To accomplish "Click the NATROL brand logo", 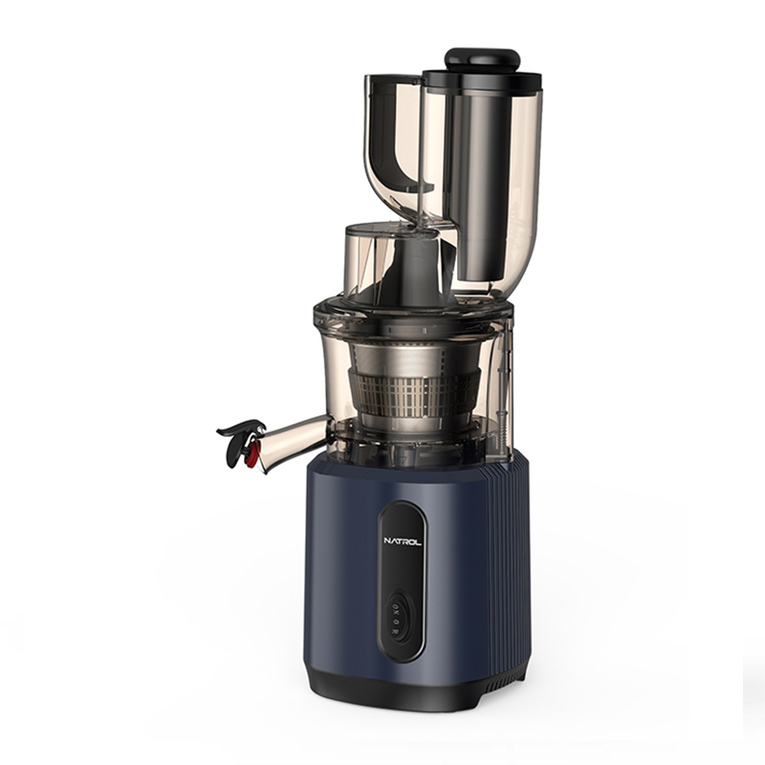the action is [403, 541].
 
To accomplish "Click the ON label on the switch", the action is [397, 610].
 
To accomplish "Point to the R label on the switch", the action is [397, 630].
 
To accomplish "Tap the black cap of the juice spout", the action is [239, 442].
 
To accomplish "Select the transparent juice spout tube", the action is [293, 439].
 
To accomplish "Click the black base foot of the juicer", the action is [415, 683].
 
